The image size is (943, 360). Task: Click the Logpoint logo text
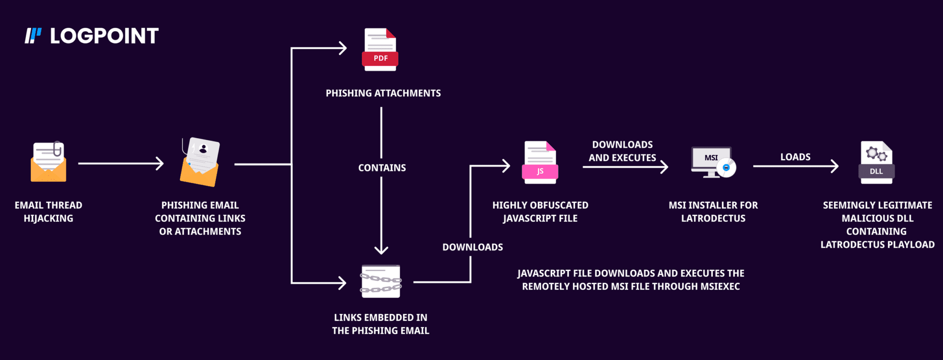point(104,36)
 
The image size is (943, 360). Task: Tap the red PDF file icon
point(380,50)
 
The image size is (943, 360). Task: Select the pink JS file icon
point(540,163)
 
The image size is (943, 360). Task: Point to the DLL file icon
point(876,163)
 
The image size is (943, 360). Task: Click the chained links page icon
point(381,281)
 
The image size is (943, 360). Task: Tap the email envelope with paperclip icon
point(48,162)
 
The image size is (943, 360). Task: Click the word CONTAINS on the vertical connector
point(382,168)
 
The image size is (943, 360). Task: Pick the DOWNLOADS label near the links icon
point(472,247)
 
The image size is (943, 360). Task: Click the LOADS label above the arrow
point(795,157)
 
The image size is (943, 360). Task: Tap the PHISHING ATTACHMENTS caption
point(383,93)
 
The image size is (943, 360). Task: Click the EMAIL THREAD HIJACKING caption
point(48,212)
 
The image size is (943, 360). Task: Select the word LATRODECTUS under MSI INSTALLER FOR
point(713,219)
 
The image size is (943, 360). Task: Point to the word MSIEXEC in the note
point(720,286)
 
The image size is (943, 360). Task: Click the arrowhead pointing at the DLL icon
point(834,166)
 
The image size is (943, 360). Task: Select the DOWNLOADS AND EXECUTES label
point(622,151)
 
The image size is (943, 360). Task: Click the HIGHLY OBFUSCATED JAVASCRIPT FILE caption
point(540,212)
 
